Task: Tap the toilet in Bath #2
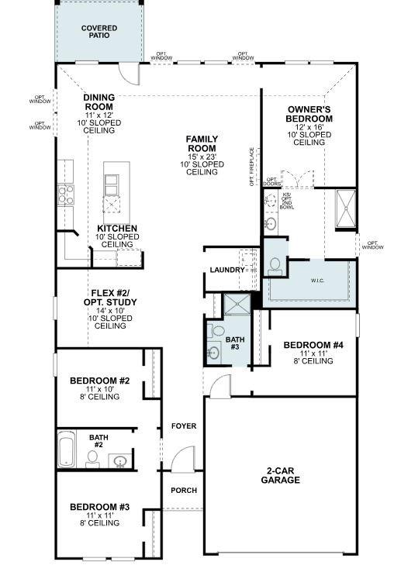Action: click(92, 458)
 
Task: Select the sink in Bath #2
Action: click(119, 462)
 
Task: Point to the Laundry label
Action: click(226, 270)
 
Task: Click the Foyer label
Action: click(184, 426)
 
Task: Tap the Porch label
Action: click(184, 491)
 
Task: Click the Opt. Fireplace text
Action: click(252, 167)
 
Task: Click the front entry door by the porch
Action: click(184, 460)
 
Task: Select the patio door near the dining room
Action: click(129, 74)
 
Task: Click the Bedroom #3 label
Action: click(99, 512)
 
